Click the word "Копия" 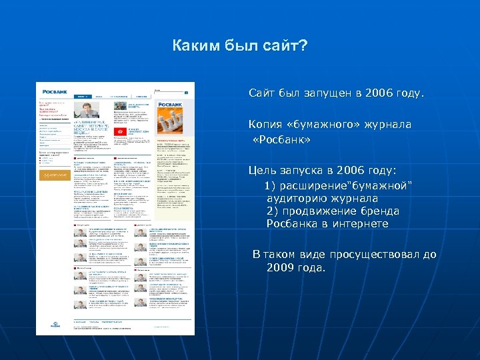(267, 125)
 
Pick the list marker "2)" (273, 211)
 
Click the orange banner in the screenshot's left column (54, 175)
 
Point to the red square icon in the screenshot (120, 134)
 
